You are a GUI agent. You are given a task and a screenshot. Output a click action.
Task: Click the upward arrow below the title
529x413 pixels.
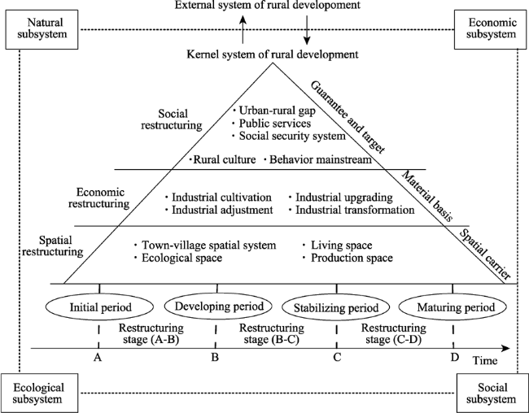(x=243, y=29)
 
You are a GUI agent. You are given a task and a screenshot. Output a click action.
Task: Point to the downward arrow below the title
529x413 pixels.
(x=307, y=29)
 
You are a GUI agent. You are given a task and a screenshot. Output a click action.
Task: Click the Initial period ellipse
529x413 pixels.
(x=99, y=307)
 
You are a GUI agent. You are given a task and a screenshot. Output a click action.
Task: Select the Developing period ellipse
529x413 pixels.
(x=218, y=306)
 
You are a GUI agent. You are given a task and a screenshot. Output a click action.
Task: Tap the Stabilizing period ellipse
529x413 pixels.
(x=336, y=308)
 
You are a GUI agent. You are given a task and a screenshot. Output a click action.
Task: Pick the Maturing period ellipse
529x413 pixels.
(x=452, y=307)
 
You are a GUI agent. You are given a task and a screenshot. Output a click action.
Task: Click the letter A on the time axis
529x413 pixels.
(x=98, y=357)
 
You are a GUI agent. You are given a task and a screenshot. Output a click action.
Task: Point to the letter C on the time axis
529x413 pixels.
(x=337, y=357)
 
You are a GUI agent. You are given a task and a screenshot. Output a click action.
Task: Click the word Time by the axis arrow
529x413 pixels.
(x=485, y=361)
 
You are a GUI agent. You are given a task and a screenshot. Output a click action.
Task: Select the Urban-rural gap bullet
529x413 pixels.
(x=274, y=111)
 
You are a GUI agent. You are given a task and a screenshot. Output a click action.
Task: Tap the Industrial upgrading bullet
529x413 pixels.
(x=341, y=198)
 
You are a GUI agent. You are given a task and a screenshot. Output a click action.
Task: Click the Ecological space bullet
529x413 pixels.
(x=178, y=258)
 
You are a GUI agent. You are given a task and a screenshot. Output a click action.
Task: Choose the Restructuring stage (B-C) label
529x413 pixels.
(x=272, y=333)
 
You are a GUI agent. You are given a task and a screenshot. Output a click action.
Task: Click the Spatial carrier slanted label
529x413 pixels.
(x=485, y=254)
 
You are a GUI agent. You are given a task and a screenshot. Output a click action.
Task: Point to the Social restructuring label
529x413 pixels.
(x=172, y=120)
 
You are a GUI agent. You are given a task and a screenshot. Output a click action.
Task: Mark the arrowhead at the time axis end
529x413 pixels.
(x=505, y=348)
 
